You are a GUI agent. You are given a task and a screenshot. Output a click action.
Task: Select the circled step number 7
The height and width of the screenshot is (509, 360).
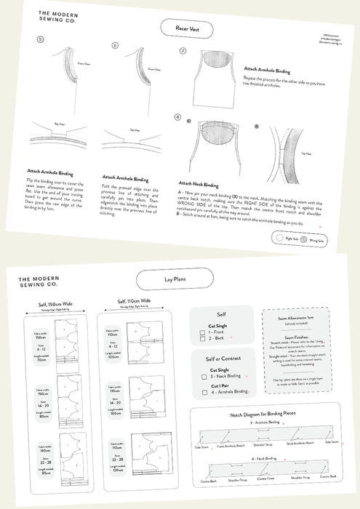tap(183, 52)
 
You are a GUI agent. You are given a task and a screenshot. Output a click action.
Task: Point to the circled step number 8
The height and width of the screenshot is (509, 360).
tap(177, 116)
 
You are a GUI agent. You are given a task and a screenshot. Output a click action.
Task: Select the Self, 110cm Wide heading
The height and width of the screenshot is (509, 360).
tap(131, 301)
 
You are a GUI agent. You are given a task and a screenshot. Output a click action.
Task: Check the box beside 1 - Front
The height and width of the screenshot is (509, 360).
tap(202, 331)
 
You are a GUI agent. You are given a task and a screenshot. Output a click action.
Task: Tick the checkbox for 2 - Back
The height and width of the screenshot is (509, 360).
tap(202, 339)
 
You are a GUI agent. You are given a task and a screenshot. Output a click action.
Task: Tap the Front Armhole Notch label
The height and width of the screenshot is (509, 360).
tap(228, 446)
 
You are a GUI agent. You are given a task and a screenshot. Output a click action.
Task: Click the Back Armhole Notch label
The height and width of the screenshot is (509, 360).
tap(300, 444)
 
